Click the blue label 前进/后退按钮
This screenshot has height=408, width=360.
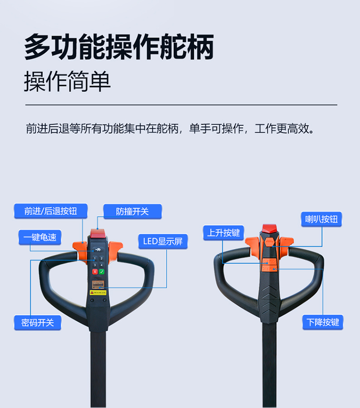[51, 211]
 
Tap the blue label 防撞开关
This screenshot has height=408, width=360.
[132, 211]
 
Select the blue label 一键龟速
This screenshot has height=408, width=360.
[40, 237]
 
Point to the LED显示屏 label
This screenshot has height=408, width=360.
[163, 241]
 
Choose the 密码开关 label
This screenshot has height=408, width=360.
[37, 322]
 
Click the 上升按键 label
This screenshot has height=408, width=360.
[224, 233]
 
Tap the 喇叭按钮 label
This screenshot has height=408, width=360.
[322, 219]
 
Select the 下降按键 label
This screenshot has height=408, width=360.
[323, 322]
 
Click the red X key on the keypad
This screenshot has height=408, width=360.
[95, 272]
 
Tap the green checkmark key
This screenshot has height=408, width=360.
[102, 272]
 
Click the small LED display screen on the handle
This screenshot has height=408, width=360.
[98, 284]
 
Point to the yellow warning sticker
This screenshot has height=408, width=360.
[98, 293]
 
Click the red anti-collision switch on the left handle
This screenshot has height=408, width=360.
[98, 233]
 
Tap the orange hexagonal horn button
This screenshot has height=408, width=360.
[270, 242]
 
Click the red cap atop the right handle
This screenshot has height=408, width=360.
[270, 228]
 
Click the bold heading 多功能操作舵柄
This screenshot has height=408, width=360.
[119, 47]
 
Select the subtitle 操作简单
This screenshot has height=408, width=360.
[67, 81]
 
